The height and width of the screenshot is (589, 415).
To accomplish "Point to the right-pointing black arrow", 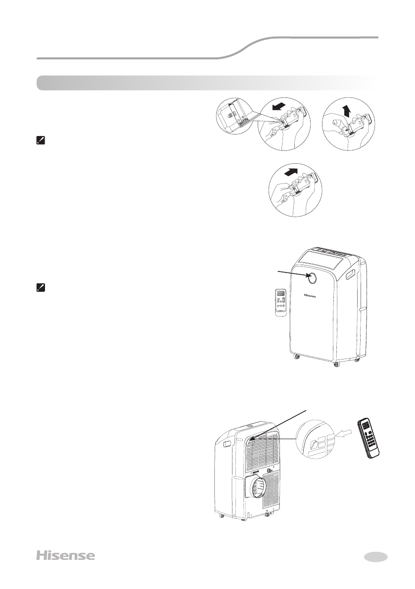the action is click(291, 174).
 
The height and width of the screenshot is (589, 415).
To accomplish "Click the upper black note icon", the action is click(41, 140).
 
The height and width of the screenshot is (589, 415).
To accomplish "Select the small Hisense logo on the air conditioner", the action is click(310, 297).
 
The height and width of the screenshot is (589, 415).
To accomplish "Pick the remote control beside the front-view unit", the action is click(282, 302).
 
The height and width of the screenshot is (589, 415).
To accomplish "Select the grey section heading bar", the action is click(205, 83).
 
